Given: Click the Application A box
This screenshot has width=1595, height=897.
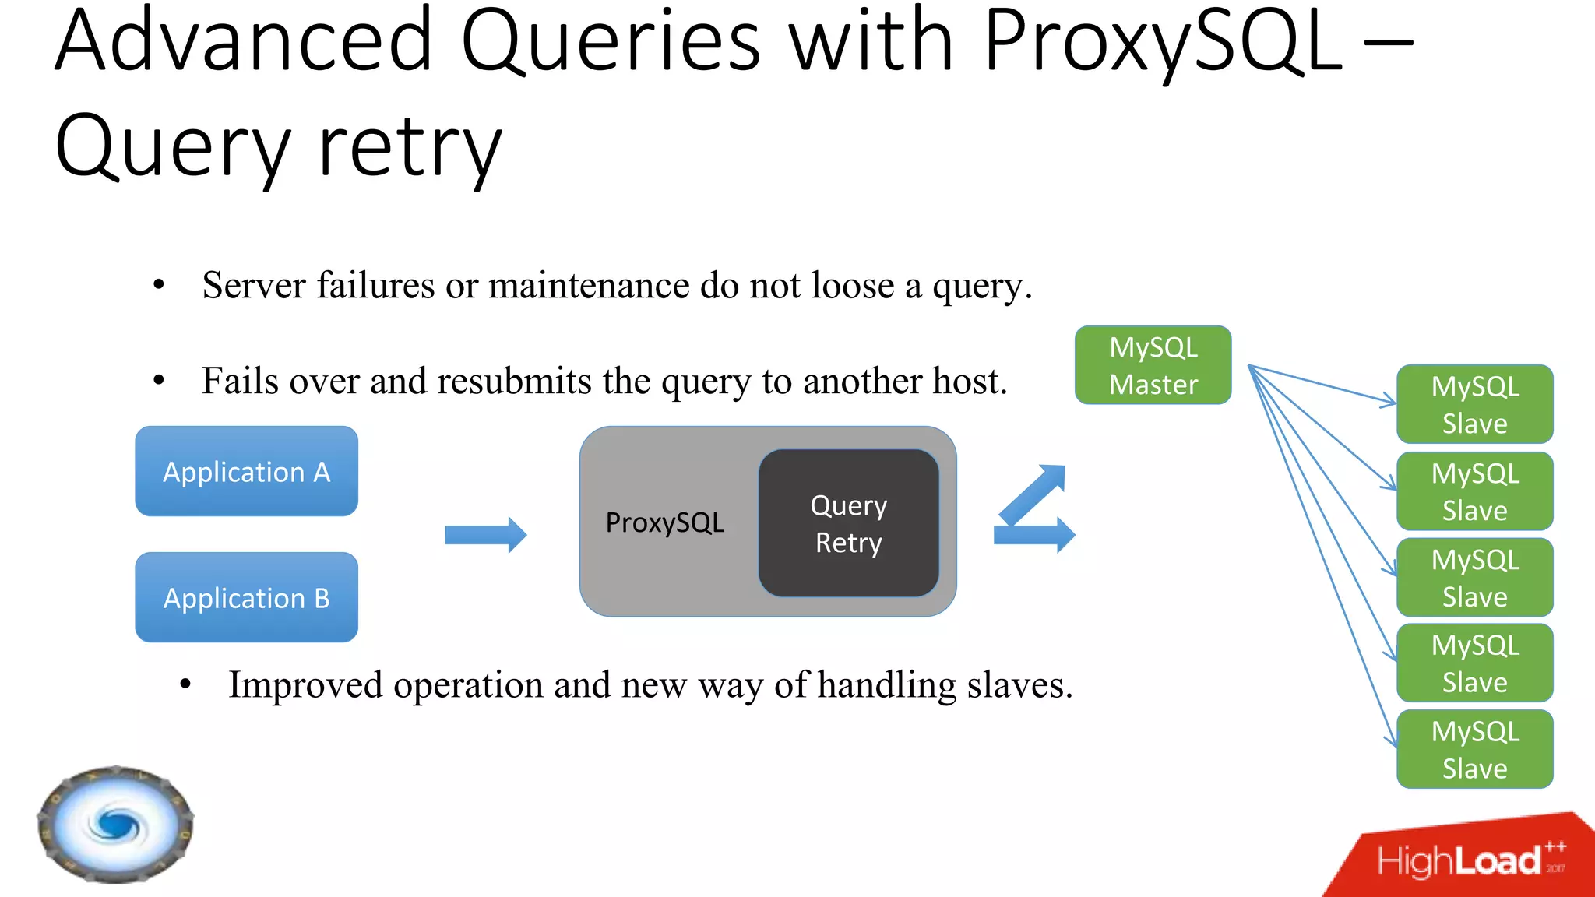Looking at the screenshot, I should tap(246, 471).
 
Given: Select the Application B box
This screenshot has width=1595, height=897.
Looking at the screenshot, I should tap(246, 597).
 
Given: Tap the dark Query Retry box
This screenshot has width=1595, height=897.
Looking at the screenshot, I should tap(848, 523).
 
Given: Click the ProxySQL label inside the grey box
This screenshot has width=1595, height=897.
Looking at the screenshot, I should tap(664, 522).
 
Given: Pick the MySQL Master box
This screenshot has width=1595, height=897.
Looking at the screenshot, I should tap(1153, 365).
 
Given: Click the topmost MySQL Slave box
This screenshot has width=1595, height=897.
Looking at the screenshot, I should tap(1474, 404).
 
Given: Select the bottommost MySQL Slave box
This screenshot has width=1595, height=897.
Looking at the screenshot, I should tap(1474, 749).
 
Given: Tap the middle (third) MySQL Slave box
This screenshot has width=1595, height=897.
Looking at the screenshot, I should tap(1474, 578).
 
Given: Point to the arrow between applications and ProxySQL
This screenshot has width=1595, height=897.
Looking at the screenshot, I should tap(485, 535).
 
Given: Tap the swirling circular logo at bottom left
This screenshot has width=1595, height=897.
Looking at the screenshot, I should tap(115, 824).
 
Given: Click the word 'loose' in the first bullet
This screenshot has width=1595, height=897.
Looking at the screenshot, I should tap(852, 286).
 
